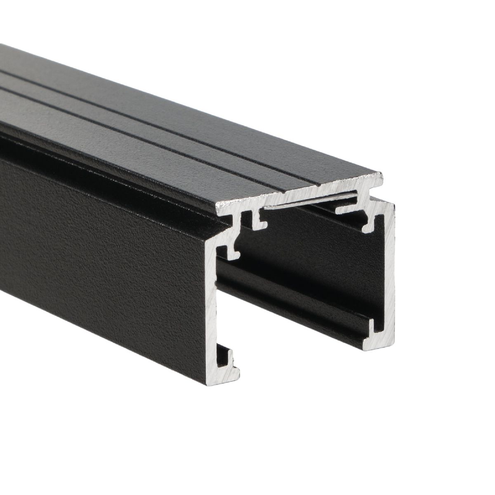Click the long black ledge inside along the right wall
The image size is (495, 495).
click(289, 289)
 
